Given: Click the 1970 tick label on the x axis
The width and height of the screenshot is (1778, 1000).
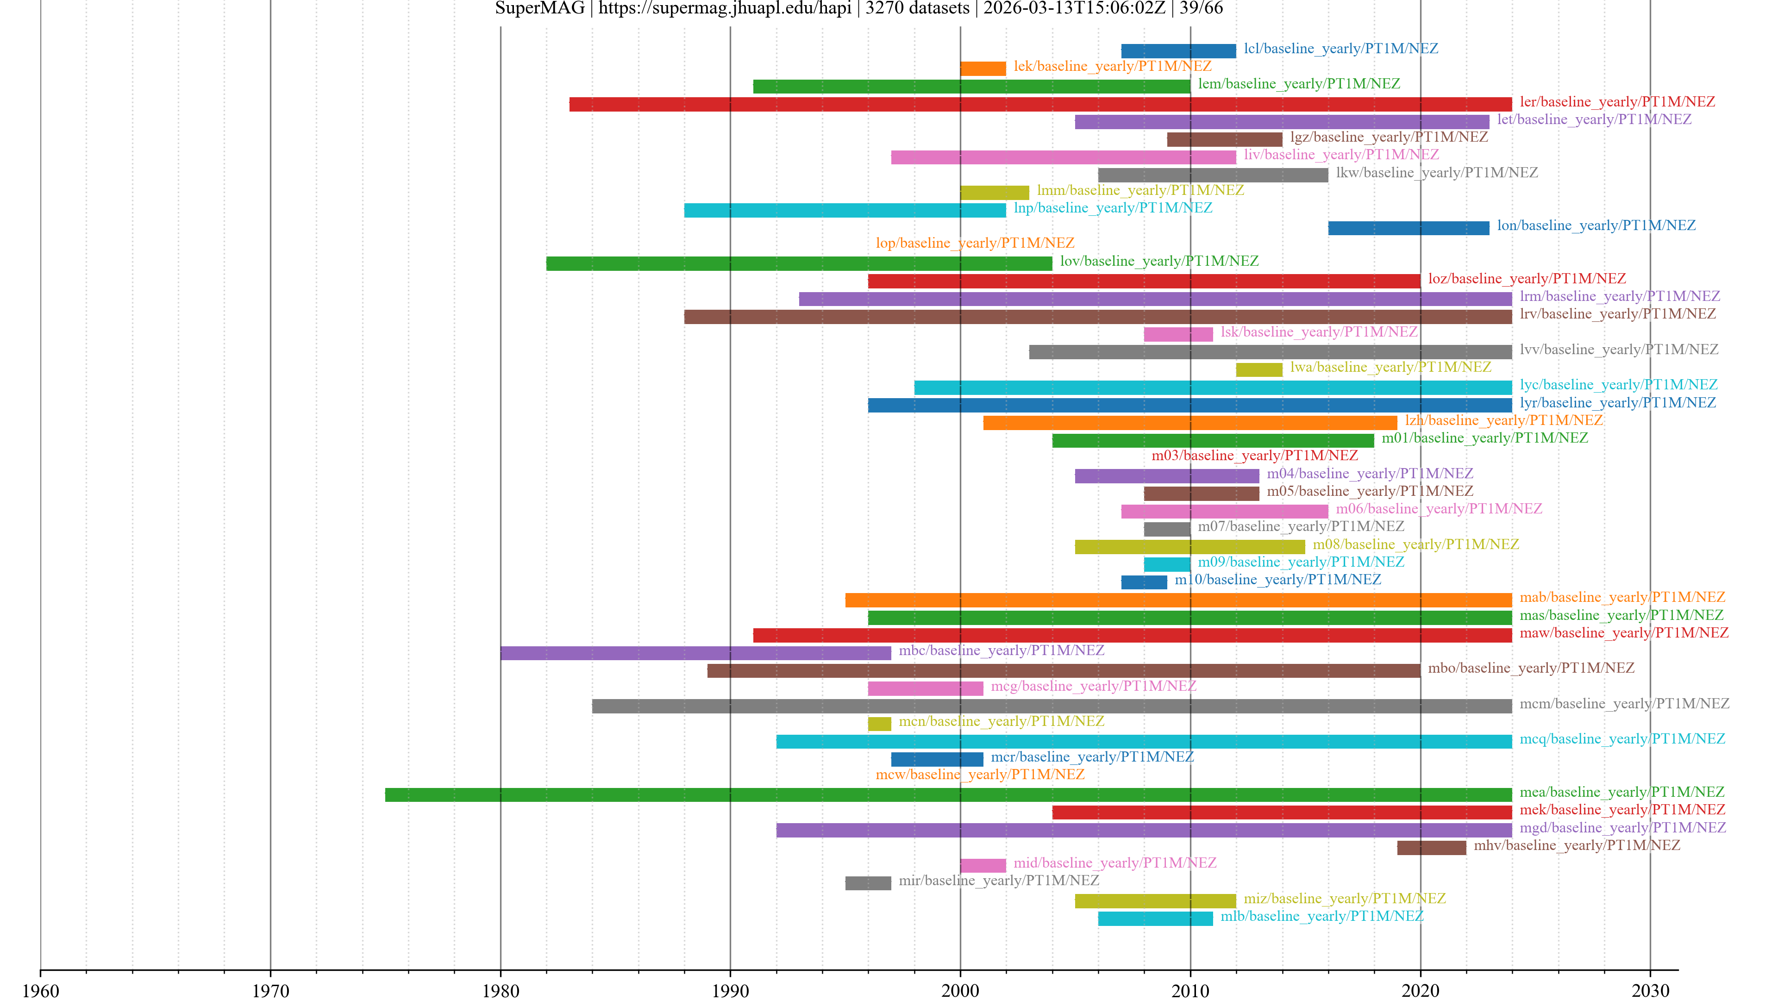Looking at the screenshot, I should (270, 990).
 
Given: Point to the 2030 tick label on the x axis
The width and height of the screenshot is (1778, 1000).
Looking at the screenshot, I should (1650, 990).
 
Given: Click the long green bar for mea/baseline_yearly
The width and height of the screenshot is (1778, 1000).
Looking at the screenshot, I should (948, 794).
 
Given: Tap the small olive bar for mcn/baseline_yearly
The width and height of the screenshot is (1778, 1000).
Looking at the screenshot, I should (879, 723).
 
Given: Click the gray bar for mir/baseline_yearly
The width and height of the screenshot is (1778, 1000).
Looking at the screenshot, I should (868, 883).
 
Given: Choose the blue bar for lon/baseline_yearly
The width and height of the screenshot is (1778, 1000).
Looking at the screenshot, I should (1408, 228).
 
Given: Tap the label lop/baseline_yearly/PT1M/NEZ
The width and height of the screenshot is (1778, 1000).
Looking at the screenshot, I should (975, 243).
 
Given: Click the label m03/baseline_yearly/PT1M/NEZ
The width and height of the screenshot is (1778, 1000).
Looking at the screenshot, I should (1254, 456).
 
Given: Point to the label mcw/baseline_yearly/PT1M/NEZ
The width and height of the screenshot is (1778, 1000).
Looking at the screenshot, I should (979, 775).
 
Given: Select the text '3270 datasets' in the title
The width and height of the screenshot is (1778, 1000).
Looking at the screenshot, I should (917, 8).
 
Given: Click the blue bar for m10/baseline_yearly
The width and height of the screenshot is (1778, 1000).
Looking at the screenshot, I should (1144, 582).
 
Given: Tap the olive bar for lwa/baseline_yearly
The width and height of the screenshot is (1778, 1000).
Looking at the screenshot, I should (1258, 369).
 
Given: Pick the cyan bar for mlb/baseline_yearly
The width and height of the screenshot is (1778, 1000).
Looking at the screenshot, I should (1155, 918).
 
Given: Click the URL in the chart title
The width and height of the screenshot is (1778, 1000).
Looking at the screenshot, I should (724, 8).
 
